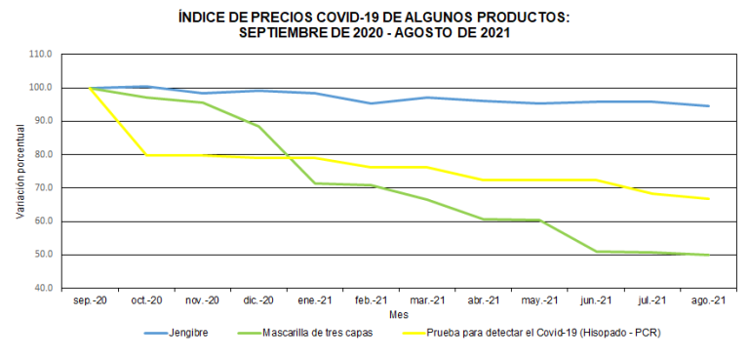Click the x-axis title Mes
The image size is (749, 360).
click(x=398, y=315)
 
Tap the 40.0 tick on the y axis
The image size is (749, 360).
click(x=42, y=288)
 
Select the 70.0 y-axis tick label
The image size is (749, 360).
click(x=42, y=187)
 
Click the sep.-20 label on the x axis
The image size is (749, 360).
click(x=91, y=301)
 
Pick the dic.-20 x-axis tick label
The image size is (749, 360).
click(x=258, y=301)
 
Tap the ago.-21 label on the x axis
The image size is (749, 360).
click(x=707, y=301)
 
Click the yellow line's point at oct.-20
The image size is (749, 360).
click(x=146, y=155)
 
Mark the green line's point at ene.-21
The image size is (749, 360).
click(x=314, y=183)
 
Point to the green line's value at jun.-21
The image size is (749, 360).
click(x=595, y=252)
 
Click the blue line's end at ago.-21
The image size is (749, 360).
click(x=707, y=106)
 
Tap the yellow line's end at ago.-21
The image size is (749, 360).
click(x=707, y=199)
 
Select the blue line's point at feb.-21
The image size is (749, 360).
click(x=371, y=103)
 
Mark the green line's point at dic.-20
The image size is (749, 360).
click(x=258, y=126)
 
